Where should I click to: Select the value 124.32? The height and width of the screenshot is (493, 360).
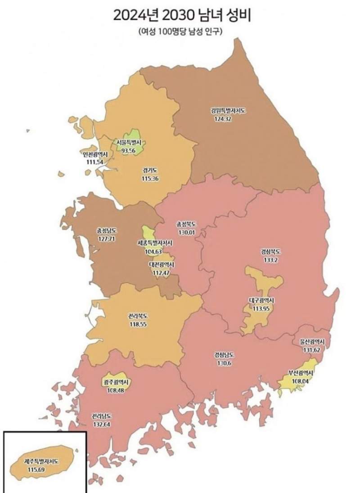(x=225, y=120)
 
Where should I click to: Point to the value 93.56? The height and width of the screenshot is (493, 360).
(x=128, y=150)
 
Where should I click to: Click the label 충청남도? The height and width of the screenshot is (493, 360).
(x=106, y=230)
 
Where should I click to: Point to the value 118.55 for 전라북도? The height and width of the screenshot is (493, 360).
(x=138, y=323)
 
